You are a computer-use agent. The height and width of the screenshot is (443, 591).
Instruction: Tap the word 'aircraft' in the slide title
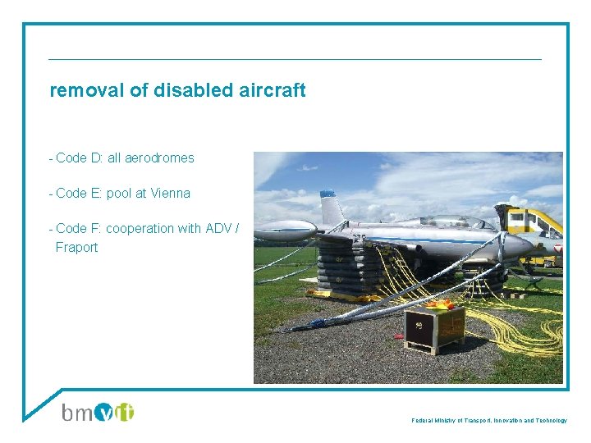tap(271, 90)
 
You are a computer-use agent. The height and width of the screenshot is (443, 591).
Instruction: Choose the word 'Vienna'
tap(170, 194)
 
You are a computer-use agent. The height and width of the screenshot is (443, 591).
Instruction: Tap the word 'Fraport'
tap(76, 247)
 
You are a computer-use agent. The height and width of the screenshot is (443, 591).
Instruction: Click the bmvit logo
tap(98, 412)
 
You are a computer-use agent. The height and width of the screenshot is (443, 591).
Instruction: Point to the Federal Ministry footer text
tap(489, 420)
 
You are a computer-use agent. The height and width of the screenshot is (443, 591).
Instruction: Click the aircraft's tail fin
tap(331, 208)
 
